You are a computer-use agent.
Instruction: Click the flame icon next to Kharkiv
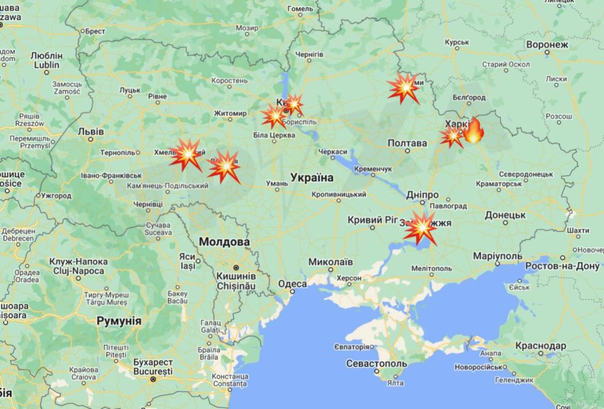(473, 131)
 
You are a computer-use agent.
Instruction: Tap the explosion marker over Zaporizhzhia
(421, 227)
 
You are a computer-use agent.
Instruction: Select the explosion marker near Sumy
(404, 89)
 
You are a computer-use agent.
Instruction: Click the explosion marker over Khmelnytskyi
(186, 155)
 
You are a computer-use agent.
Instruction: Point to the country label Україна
(311, 178)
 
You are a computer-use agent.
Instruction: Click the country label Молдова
(224, 242)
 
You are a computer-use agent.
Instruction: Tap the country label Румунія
(119, 321)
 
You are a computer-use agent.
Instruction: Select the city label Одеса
(292, 284)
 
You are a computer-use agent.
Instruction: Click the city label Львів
(91, 132)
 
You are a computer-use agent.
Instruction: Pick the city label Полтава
(408, 143)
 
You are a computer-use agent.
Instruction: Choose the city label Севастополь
(376, 364)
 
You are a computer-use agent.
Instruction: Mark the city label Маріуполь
(497, 256)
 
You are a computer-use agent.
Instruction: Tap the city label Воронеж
(547, 45)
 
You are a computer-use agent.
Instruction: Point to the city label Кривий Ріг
(373, 220)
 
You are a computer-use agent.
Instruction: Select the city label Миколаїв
(331, 261)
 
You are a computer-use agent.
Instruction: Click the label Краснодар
(540, 346)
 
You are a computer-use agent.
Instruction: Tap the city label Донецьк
(505, 215)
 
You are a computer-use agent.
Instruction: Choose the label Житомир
(230, 113)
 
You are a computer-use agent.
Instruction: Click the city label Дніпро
(422, 195)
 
